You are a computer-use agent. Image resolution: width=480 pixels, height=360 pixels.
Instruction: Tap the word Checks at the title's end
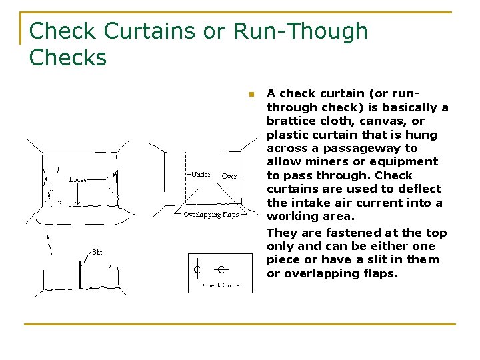pos(68,57)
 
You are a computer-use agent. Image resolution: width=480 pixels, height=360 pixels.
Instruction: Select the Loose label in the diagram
pos(79,179)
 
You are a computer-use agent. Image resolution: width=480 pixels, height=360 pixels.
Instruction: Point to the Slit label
pos(97,252)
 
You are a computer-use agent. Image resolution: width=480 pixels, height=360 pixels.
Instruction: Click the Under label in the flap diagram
pos(201,175)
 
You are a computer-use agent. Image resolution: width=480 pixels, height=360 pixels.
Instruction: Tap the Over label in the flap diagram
pos(229,176)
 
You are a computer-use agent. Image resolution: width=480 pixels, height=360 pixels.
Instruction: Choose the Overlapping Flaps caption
pos(211,215)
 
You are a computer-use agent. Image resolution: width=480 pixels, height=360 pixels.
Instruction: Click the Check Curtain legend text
pos(224,285)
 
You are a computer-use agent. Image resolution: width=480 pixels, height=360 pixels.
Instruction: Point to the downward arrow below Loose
pos(79,195)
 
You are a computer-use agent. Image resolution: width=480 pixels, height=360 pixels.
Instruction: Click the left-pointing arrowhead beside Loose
pos(46,179)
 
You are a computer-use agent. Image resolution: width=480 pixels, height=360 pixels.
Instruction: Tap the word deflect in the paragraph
pos(419,189)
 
